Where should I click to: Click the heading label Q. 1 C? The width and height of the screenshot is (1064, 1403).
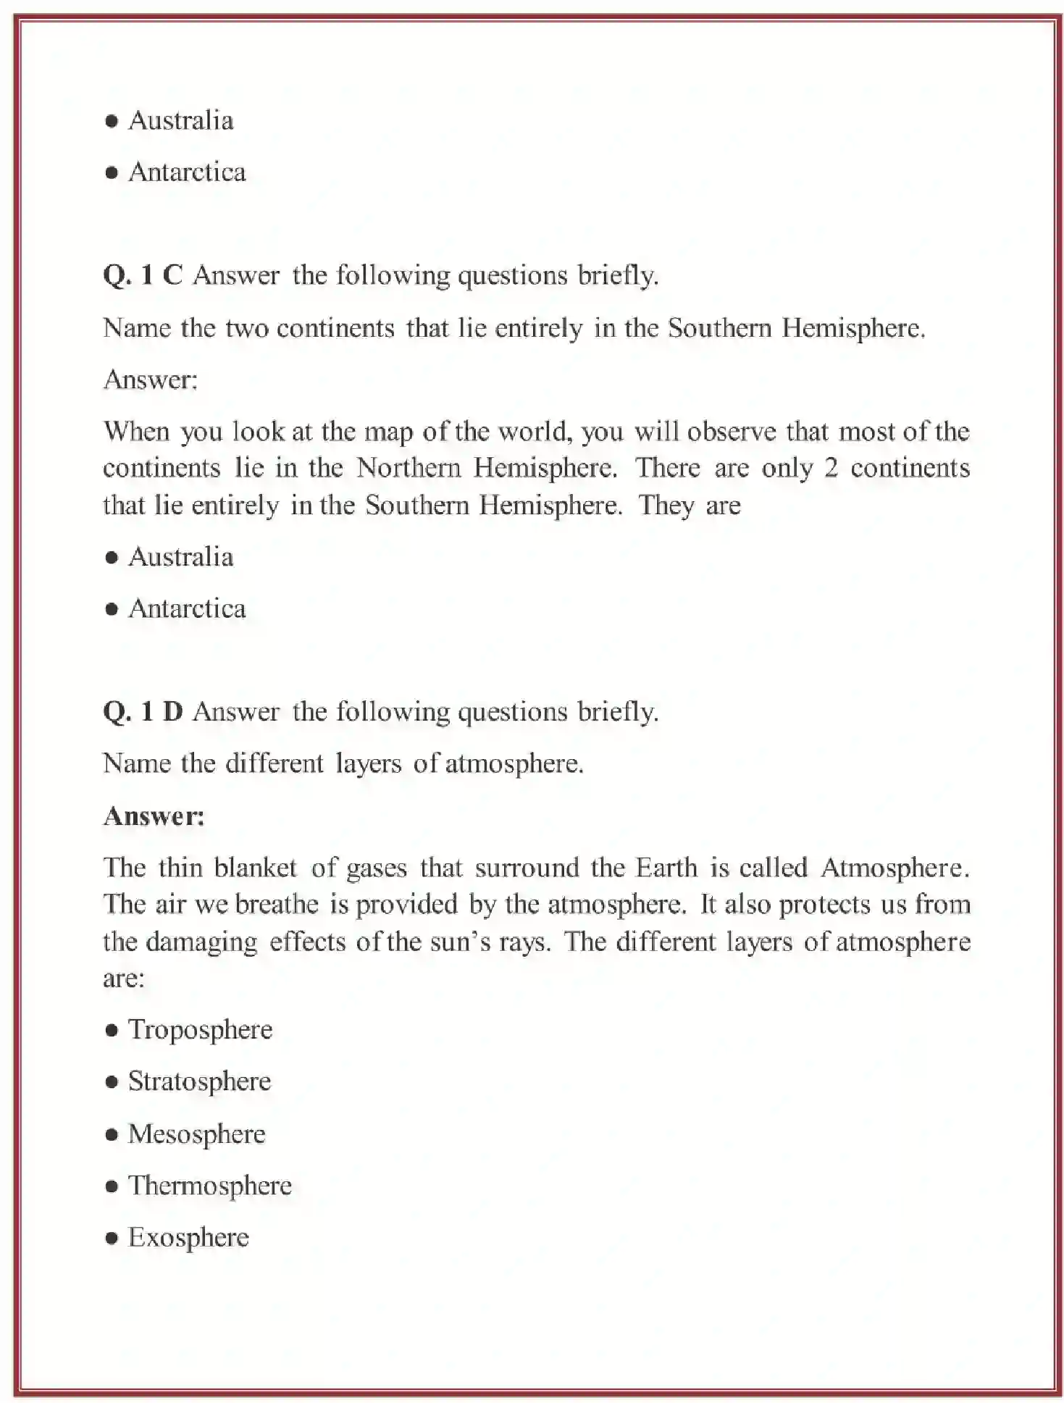click(143, 275)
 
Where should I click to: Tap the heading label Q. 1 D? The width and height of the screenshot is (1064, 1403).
click(143, 711)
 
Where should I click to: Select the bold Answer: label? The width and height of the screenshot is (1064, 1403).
click(154, 816)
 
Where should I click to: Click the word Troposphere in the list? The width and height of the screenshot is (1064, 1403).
click(200, 1029)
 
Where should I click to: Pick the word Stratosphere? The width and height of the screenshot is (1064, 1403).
click(199, 1081)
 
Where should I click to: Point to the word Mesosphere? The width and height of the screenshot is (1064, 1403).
click(196, 1134)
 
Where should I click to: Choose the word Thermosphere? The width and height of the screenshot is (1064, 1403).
click(209, 1186)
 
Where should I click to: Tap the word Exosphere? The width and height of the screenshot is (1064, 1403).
click(188, 1237)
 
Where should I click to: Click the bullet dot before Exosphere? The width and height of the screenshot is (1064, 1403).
click(112, 1238)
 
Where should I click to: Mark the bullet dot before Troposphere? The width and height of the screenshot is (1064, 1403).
click(112, 1030)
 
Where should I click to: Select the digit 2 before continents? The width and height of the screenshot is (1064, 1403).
click(831, 468)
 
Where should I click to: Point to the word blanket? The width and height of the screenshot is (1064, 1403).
click(256, 868)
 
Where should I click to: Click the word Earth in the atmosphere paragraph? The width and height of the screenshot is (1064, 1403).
click(666, 868)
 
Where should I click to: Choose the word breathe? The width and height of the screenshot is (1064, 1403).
click(277, 904)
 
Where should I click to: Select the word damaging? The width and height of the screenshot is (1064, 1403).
click(201, 942)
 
